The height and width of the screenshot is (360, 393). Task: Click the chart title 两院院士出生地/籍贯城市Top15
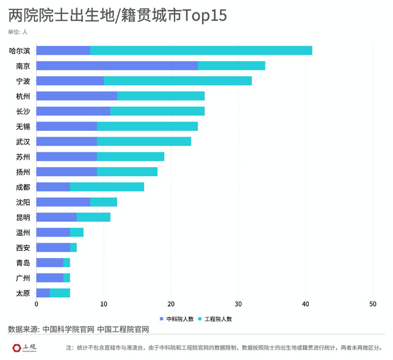pos(117,15)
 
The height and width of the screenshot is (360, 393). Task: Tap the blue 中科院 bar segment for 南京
pos(117,66)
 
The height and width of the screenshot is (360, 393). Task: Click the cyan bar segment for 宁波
pos(177,80)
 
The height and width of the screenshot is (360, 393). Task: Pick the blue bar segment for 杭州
pos(77,96)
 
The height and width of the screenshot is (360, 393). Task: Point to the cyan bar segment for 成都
pos(107,187)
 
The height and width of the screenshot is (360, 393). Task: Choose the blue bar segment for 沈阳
pos(63,202)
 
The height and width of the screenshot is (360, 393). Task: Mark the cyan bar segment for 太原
pos(60,293)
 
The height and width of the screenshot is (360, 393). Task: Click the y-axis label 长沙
pos(23,111)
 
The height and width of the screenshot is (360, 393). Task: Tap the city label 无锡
pos(23,127)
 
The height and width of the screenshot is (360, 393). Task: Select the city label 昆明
pos(23,217)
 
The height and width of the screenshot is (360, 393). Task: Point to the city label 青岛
pos(23,262)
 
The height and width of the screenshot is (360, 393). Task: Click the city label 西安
pos(23,248)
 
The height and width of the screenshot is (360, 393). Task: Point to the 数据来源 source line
pos(79,330)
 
